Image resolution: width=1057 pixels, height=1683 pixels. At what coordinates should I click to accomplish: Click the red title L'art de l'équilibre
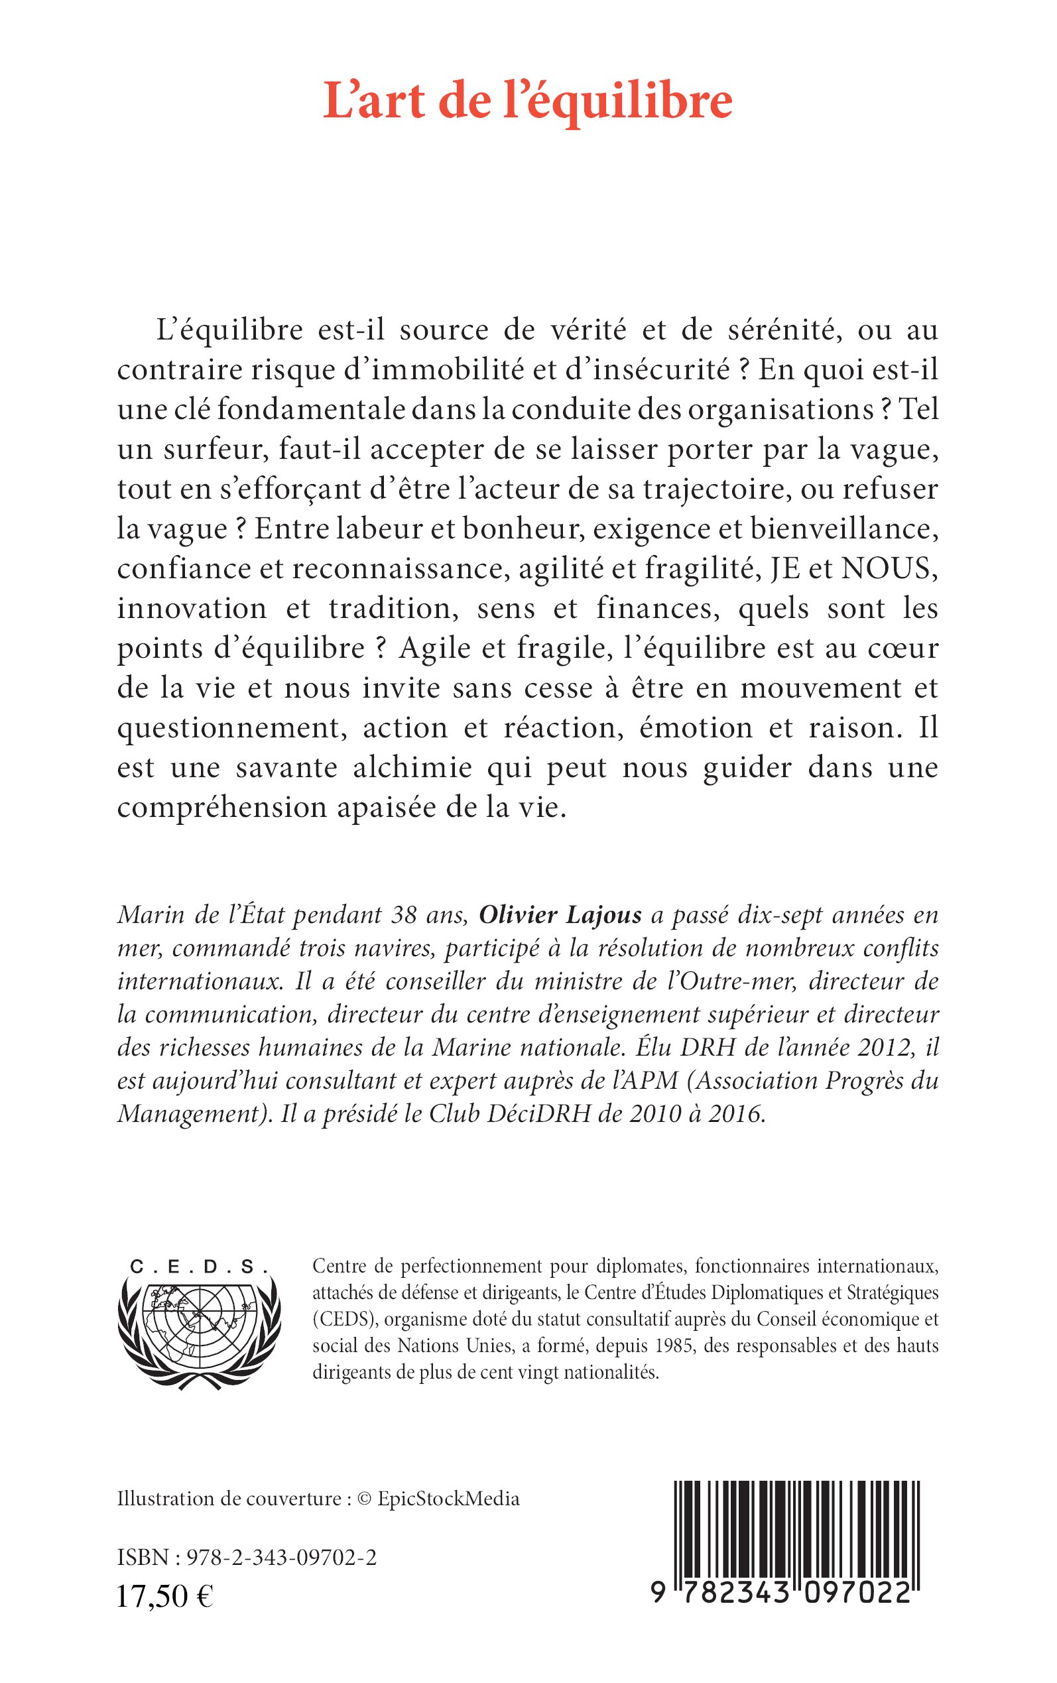[x=528, y=101]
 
